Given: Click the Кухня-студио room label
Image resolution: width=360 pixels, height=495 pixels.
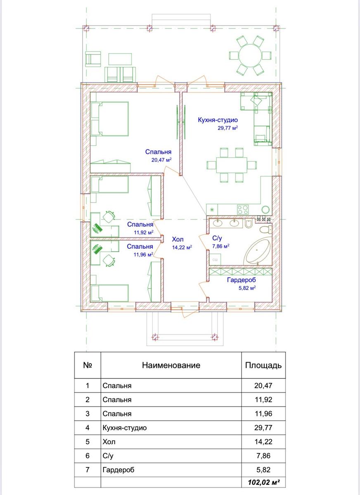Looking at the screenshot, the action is [x=218, y=120].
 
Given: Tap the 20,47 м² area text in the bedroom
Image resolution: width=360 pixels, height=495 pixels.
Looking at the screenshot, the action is [x=162, y=160].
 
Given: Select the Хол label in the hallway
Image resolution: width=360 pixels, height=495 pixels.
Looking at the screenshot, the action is [x=178, y=239].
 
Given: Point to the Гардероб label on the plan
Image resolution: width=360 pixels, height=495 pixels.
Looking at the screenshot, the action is [x=241, y=280].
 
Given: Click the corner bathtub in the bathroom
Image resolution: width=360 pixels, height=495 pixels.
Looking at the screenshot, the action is [x=258, y=252].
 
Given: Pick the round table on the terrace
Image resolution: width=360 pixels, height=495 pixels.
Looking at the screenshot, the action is [x=250, y=55].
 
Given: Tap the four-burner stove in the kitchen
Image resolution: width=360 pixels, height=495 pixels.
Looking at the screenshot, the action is [x=243, y=210].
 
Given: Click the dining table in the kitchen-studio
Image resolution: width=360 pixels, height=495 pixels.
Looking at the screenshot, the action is [x=232, y=165].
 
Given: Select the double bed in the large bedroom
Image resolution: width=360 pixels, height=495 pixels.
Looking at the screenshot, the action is [x=110, y=119].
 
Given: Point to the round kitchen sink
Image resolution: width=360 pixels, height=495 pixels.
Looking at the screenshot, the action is [x=265, y=210].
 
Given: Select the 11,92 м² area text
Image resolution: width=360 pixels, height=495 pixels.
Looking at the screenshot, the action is [x=144, y=232].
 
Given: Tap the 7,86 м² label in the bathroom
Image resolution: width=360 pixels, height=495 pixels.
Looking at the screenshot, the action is [x=221, y=246].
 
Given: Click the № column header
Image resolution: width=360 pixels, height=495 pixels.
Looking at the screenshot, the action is [x=88, y=365].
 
